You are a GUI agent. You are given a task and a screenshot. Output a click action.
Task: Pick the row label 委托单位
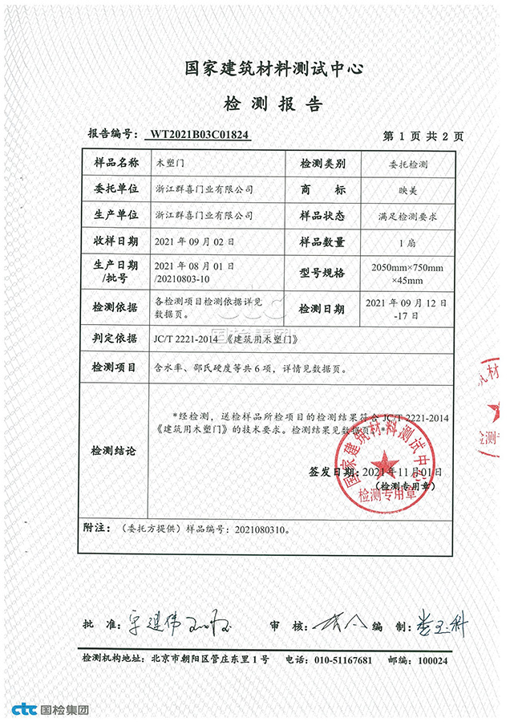tap(111, 190)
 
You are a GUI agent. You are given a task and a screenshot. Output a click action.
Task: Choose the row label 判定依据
tap(111, 339)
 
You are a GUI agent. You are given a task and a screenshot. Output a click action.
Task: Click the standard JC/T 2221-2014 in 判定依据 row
tap(181, 339)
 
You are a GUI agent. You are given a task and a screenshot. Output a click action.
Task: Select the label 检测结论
tap(111, 451)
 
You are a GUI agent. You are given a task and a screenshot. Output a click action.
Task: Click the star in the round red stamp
tap(384, 462)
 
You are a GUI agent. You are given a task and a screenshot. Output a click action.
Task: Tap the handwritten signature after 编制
tap(439, 622)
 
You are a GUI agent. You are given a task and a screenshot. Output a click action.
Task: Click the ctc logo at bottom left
tap(24, 709)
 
